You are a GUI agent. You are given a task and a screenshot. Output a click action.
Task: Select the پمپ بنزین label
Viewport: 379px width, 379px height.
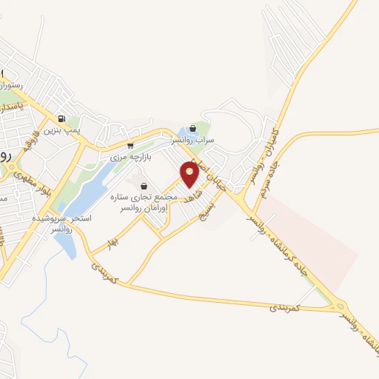pyautogui.click(x=61, y=130)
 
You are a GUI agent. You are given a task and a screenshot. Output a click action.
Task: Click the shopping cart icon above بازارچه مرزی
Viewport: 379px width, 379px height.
pyautogui.click(x=130, y=145)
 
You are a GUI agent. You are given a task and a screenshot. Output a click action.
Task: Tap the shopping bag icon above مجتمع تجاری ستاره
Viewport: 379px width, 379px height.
pyautogui.click(x=144, y=186)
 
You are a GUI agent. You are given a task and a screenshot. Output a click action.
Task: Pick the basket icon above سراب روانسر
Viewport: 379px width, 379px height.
pyautogui.click(x=193, y=127)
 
